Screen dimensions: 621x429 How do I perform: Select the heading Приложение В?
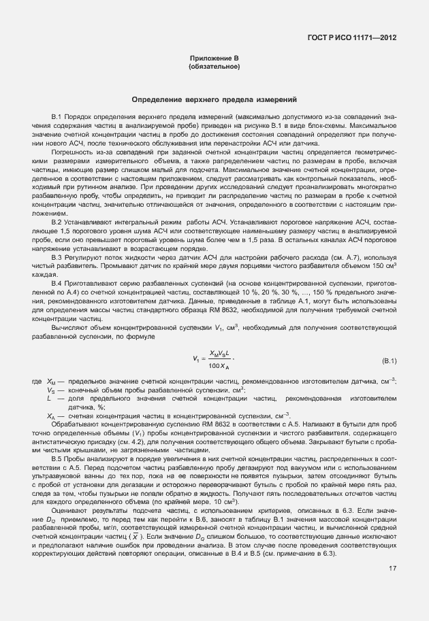pyautogui.click(x=214, y=59)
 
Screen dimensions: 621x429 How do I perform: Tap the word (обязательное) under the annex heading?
pyautogui.click(x=214, y=67)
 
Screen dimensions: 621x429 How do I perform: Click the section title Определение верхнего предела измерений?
pyautogui.click(x=214, y=99)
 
